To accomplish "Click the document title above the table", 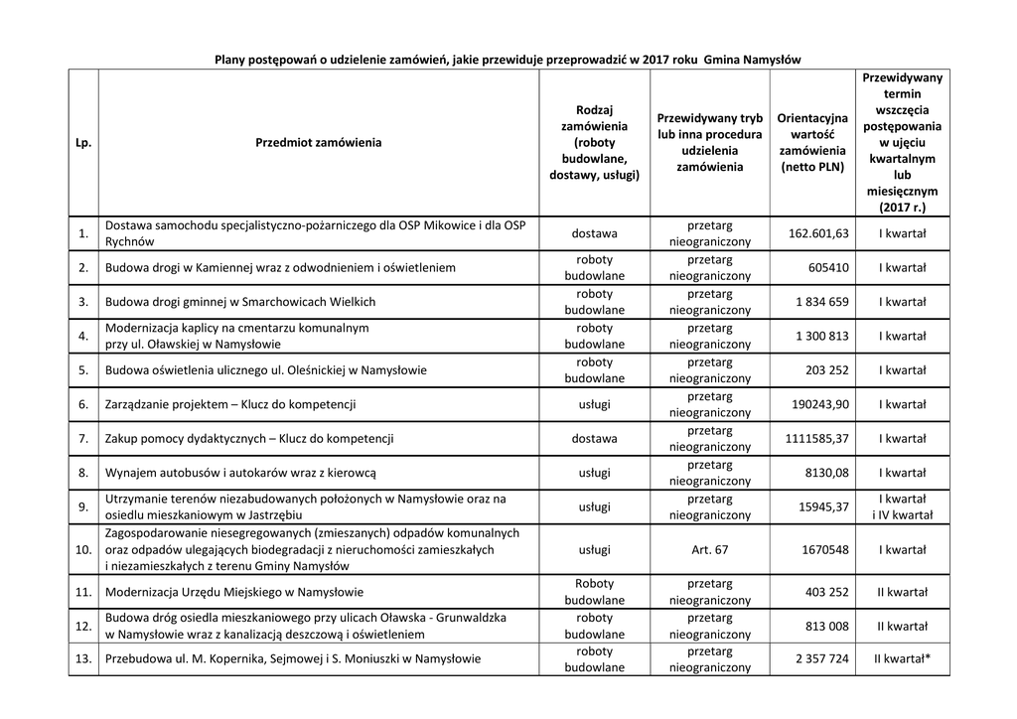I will click(508, 60).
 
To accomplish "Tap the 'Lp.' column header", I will click(83, 143).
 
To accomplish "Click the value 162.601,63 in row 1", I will click(817, 233).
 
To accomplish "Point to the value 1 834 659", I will click(821, 302).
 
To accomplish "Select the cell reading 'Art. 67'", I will click(709, 550).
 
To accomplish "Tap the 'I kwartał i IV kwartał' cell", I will click(902, 506).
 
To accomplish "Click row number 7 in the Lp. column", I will click(83, 439).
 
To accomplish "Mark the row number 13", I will click(83, 658).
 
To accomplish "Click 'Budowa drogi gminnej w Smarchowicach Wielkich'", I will click(240, 302).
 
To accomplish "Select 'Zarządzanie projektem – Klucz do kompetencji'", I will click(230, 404).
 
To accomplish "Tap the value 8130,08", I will click(826, 473).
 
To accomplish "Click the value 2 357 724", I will click(821, 658).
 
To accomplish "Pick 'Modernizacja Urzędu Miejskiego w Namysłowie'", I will click(234, 593).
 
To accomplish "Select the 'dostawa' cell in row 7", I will click(594, 439).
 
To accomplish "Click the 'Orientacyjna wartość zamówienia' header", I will click(812, 143).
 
